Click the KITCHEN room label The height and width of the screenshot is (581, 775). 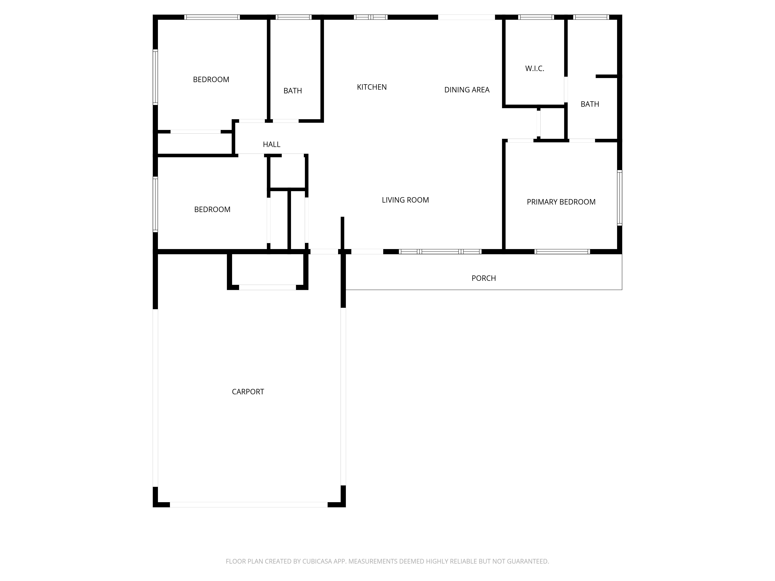pos(372,87)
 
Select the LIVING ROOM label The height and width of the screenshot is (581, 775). pos(405,200)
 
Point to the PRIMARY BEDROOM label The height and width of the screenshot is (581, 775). pos(561,202)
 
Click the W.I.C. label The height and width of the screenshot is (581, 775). pos(535,69)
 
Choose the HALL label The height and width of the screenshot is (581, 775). pos(271,144)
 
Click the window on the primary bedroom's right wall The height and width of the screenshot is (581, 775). pos(619,198)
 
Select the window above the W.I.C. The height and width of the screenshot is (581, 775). pos(536,17)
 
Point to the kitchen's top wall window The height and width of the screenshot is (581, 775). pos(371,17)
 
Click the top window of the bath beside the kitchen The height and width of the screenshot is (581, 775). pos(294,17)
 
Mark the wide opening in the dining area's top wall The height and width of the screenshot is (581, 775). pos(466,17)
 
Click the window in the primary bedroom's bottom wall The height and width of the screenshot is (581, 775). pos(562,251)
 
